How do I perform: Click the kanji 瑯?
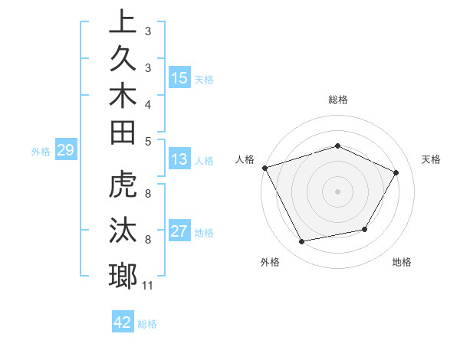coord(123,275)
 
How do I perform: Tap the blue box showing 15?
coord(179,78)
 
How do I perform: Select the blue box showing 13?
coord(179,160)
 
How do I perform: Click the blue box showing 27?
coord(179,232)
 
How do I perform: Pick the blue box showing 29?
coord(65,151)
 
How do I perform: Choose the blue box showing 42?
coord(123,322)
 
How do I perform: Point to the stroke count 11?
coord(147,286)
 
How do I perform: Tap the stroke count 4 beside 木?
coord(147,103)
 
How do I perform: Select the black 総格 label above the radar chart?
coord(337,100)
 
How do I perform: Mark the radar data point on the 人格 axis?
coord(264,167)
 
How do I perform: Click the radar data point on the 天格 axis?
coord(396,172)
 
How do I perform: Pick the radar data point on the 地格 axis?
coord(365,229)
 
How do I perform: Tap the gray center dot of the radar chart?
coord(337,191)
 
